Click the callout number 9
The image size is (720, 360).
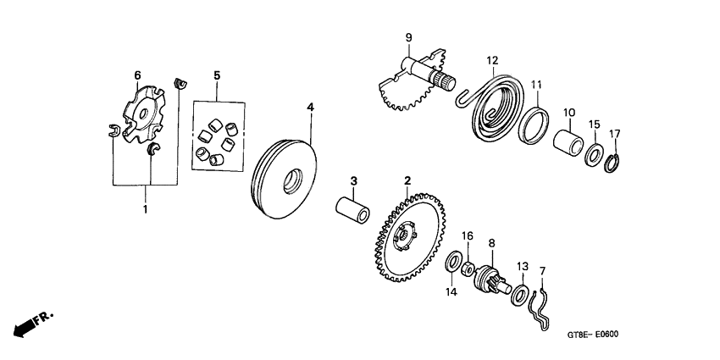pyautogui.click(x=407, y=37)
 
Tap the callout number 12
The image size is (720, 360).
pyautogui.click(x=492, y=60)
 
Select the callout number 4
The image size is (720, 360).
pyautogui.click(x=310, y=108)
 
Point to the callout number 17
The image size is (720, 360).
pyautogui.click(x=615, y=133)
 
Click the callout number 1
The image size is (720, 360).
pyautogui.click(x=145, y=208)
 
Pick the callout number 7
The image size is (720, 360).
pyautogui.click(x=543, y=271)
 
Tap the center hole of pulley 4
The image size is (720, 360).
pyautogui.click(x=294, y=180)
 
